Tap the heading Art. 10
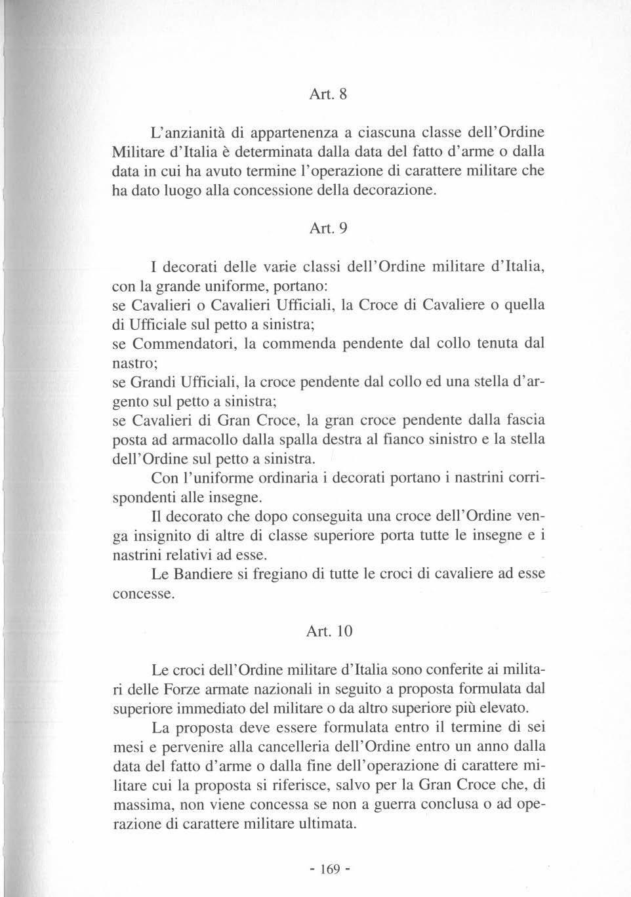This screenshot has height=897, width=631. pyautogui.click(x=329, y=631)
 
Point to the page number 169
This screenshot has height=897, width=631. pyautogui.click(x=329, y=869)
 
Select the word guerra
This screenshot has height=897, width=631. pyautogui.click(x=385, y=804)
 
